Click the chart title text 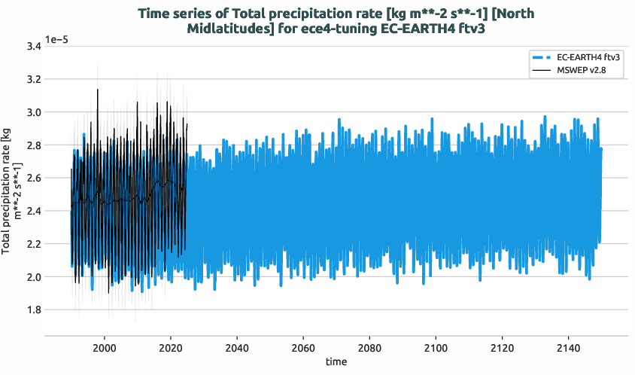339,21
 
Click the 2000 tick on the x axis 105,347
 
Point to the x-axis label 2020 171,347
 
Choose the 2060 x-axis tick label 303,347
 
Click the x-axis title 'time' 336,362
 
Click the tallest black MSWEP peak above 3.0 97,90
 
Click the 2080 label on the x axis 369,347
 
